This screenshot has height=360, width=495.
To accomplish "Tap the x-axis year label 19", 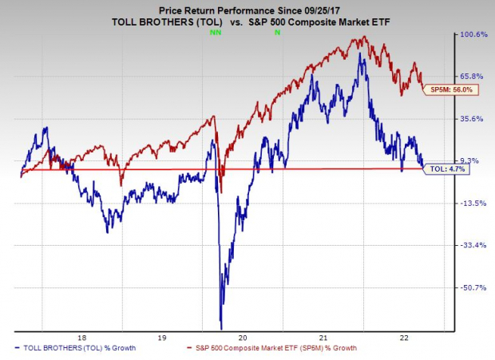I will click(162, 337).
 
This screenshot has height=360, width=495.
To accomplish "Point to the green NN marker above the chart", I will click(214, 34).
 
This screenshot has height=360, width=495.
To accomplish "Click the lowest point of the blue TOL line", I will click(221, 327).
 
